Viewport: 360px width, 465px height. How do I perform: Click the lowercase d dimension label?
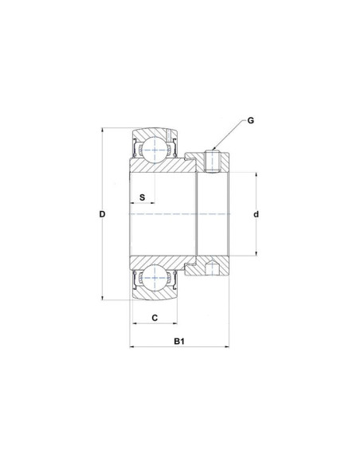(256, 214)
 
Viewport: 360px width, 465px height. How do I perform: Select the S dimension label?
(142, 196)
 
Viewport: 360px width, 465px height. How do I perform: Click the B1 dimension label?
(180, 342)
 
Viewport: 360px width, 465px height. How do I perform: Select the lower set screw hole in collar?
(213, 268)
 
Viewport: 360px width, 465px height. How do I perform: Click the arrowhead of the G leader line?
(216, 149)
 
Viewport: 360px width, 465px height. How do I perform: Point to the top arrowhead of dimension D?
(104, 131)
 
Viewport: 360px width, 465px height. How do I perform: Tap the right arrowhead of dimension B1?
(229, 348)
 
